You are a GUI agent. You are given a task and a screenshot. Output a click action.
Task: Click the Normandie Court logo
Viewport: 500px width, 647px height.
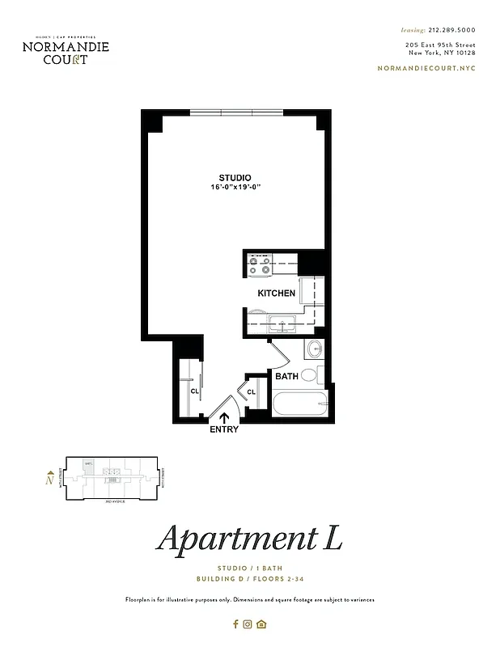[x=66, y=49]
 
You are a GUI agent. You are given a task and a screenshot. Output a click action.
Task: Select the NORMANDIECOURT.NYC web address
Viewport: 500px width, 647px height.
[x=427, y=68]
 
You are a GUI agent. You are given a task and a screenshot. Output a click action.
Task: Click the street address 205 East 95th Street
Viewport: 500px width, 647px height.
[x=440, y=44]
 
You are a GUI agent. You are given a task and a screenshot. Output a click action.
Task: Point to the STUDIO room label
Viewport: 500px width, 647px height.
[x=235, y=178]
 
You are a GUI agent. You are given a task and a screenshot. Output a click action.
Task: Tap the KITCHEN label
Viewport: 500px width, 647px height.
[x=276, y=293]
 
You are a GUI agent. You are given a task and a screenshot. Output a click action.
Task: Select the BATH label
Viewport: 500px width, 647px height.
[x=286, y=376]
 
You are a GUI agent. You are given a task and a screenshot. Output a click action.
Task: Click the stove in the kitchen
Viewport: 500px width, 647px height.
[x=261, y=267]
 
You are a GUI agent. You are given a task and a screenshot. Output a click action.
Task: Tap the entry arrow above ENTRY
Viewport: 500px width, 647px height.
[x=224, y=417]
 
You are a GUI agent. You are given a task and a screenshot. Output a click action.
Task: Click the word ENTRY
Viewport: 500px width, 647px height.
[x=224, y=429]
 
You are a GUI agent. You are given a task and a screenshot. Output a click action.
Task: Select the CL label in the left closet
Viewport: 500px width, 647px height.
[x=195, y=391]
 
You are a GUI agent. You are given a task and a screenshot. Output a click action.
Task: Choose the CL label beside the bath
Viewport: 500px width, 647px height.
[x=252, y=392]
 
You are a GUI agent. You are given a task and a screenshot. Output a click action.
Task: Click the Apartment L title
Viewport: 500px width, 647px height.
[x=249, y=539]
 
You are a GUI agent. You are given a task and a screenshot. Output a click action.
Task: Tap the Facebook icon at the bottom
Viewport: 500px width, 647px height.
[x=235, y=624]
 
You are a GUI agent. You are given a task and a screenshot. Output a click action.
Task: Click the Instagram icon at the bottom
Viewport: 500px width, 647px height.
[x=248, y=624]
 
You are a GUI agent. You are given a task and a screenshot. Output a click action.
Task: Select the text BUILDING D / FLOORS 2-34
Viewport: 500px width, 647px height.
[x=249, y=580]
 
